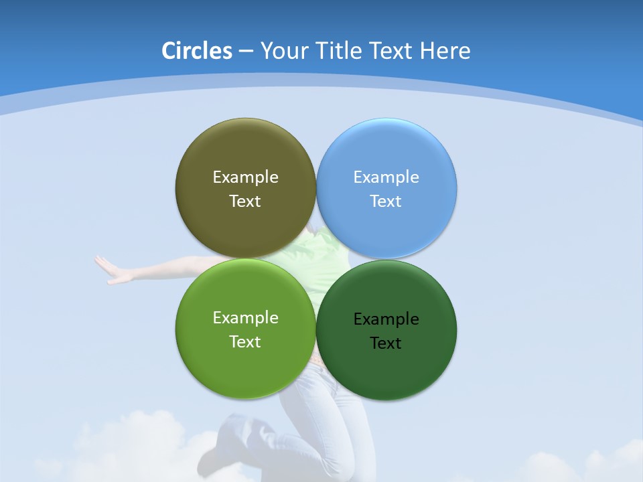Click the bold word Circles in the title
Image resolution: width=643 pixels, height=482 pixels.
(x=197, y=51)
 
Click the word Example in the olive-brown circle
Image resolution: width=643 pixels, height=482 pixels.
(x=245, y=177)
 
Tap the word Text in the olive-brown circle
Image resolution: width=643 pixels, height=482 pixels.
(x=245, y=202)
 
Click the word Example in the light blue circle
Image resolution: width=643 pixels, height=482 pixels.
(x=386, y=177)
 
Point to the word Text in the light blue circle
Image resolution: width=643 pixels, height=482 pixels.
(x=386, y=202)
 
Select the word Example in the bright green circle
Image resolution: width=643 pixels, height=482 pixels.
(x=245, y=318)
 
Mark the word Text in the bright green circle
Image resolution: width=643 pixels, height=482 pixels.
(x=245, y=342)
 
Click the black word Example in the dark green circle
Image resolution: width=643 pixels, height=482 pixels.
(x=386, y=319)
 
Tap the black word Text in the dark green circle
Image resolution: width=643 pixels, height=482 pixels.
(x=386, y=343)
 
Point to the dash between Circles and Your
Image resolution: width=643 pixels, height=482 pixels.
(x=246, y=52)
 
